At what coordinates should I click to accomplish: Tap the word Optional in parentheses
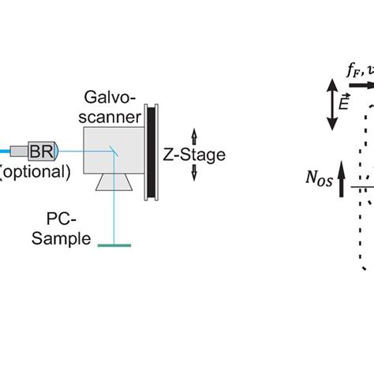pyautogui.click(x=36, y=170)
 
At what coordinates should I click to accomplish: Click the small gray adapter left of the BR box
pyautogui.click(x=21, y=150)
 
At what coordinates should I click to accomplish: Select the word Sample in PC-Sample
pyautogui.click(x=62, y=239)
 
